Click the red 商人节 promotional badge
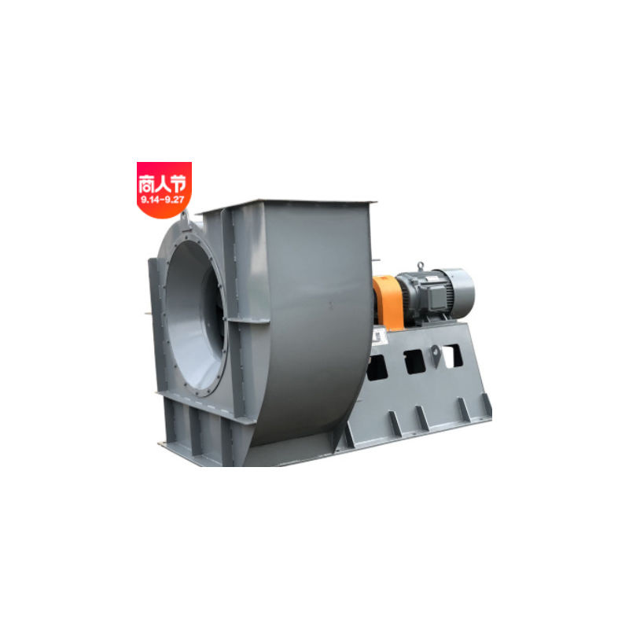point(164,189)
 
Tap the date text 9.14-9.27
point(163,200)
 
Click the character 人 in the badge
point(162,184)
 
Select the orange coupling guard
point(387,303)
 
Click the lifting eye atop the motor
point(420,266)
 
